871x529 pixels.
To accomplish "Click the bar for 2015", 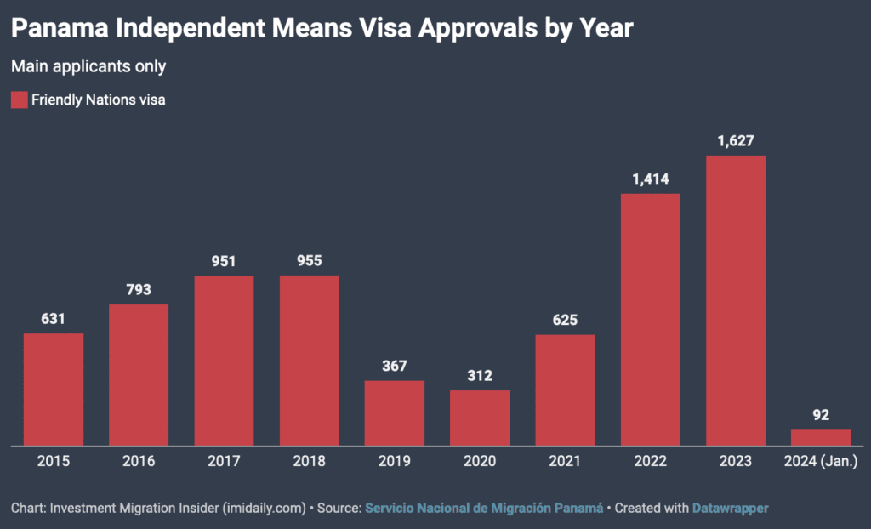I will (x=54, y=389).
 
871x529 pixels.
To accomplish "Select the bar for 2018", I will (x=310, y=360).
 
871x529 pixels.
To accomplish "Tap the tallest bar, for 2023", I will (x=736, y=300).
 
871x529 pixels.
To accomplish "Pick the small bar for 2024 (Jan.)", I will (x=821, y=437).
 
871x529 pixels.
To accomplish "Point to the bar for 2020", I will (x=480, y=418).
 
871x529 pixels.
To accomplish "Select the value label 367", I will (x=395, y=366).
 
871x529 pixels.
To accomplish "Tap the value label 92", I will (x=821, y=415).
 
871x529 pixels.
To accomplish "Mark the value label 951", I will (x=224, y=261).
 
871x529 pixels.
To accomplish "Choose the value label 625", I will (x=565, y=320).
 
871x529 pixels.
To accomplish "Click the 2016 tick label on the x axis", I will (x=139, y=461).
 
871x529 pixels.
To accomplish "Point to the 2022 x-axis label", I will (x=650, y=461).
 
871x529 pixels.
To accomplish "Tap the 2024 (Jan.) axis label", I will (x=821, y=461).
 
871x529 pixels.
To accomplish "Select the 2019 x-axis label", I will (x=395, y=461).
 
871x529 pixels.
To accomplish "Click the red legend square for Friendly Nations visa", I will (x=19, y=100).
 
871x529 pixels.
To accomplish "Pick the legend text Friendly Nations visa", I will (x=98, y=100).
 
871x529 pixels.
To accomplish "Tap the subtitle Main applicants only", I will (x=88, y=65).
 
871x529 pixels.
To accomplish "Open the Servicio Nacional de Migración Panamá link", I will (x=484, y=508).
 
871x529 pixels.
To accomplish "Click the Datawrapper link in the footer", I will (x=732, y=508).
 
